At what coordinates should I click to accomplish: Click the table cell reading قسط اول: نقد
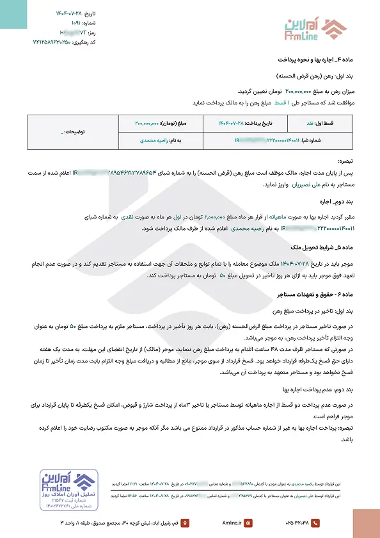coord(332,122)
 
